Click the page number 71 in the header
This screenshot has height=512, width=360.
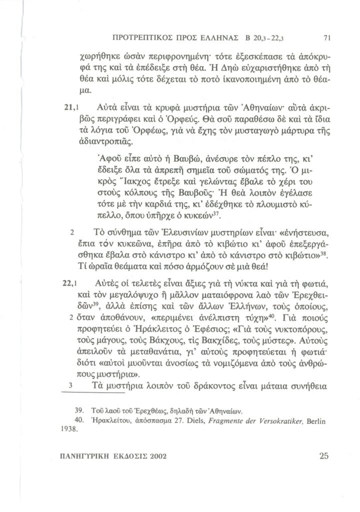327,37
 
